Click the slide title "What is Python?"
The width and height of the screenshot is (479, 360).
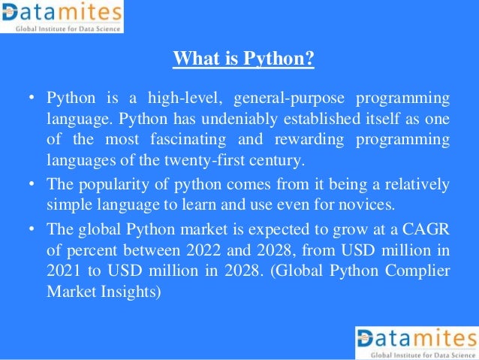[243, 58]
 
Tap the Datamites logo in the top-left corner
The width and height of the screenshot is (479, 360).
[62, 17]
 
